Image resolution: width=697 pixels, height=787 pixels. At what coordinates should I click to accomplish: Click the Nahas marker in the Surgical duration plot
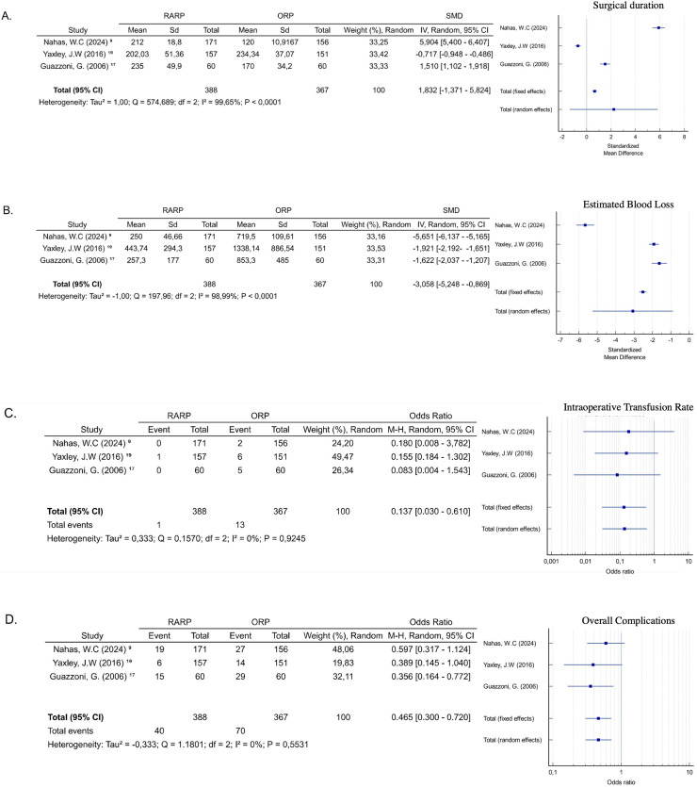pos(658,27)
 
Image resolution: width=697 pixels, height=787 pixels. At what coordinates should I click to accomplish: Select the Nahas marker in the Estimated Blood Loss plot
pos(586,225)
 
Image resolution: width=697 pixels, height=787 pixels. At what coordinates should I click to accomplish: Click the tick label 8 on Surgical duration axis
pos(684,137)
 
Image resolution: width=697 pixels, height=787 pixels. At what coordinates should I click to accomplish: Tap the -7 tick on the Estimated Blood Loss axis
pos(561,340)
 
